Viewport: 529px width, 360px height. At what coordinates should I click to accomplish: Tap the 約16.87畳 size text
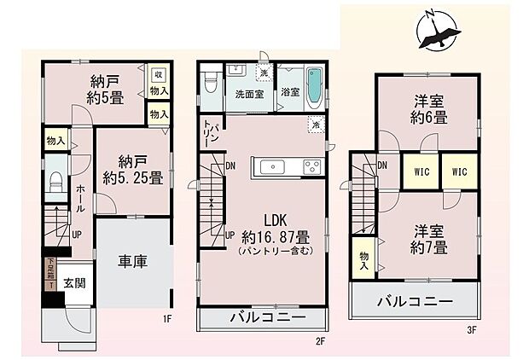[x=275, y=235]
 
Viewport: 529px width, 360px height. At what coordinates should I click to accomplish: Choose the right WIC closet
[x=460, y=171]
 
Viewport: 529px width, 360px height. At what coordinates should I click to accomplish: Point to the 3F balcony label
[x=415, y=300]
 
